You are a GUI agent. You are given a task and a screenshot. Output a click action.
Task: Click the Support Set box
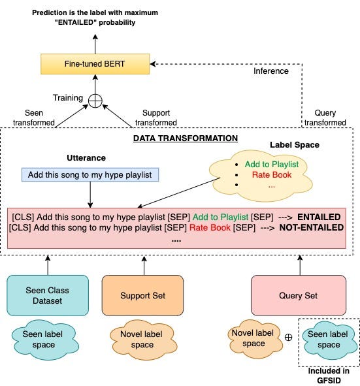[142, 295]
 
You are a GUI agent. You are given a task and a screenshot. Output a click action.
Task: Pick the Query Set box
[299, 295]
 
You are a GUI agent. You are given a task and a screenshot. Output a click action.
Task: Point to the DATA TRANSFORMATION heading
[185, 138]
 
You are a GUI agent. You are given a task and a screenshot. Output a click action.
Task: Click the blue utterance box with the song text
[90, 174]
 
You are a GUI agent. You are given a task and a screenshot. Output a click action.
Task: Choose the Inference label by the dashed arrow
[270, 71]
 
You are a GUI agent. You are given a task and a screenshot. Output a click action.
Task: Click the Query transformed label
[325, 117]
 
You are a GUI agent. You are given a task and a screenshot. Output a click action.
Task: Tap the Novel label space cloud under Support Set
[139, 339]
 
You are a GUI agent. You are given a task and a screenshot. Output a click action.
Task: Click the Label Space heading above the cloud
[294, 144]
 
